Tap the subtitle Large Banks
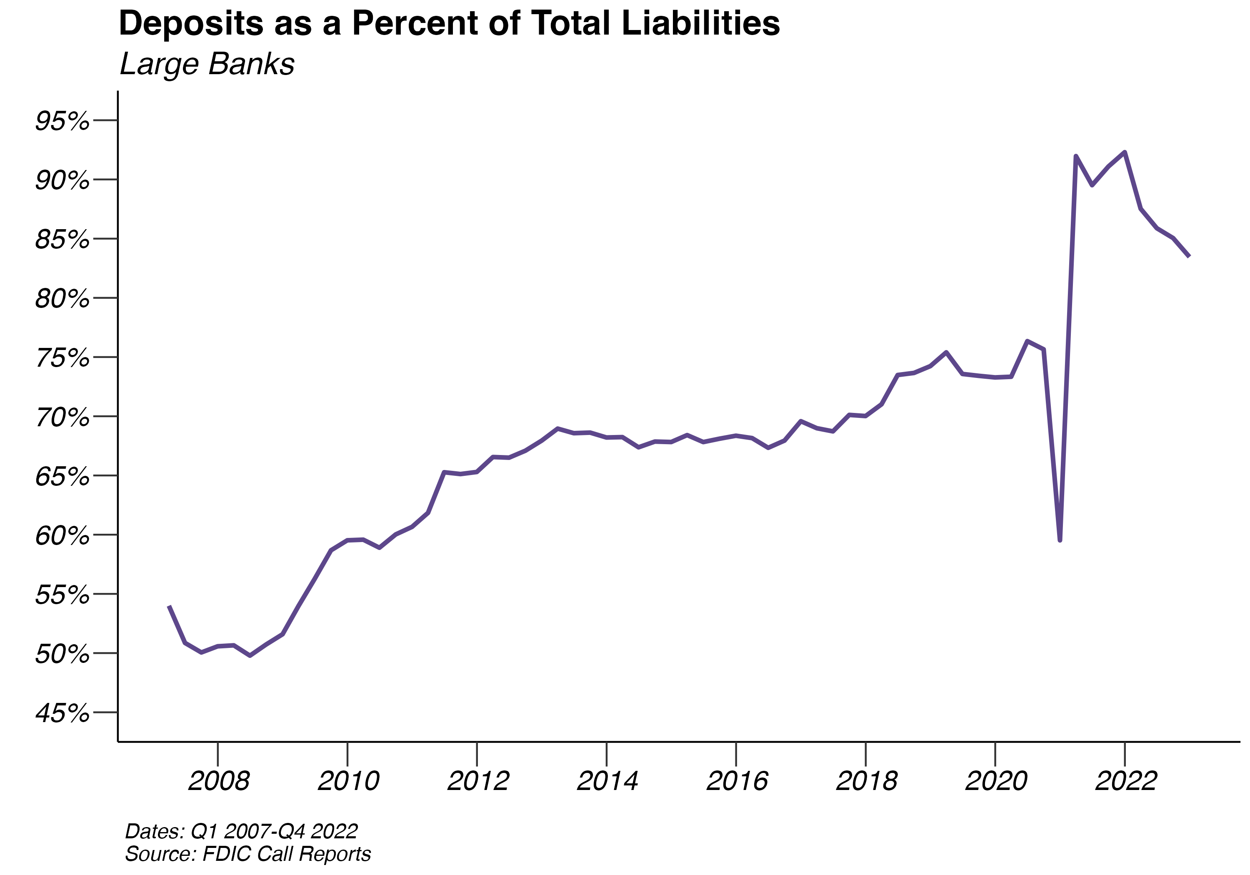pos(207,64)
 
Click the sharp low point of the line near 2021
pos(1060,540)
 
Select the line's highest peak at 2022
pos(1125,152)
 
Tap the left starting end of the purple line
pos(169,606)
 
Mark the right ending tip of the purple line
pos(1189,256)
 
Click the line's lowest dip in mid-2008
pos(250,655)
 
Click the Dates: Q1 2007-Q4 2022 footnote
pos(241,831)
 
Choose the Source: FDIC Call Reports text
pos(248,854)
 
